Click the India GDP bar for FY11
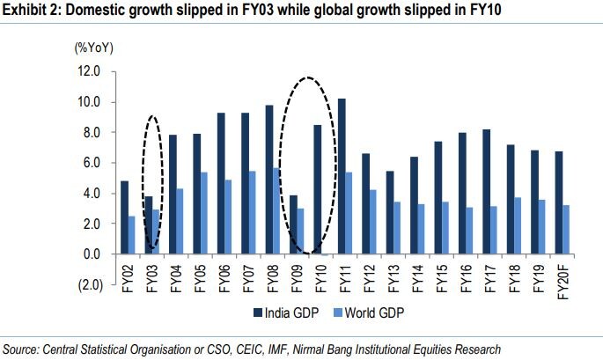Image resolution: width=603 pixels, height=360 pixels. click(342, 176)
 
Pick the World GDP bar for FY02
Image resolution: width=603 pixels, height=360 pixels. click(130, 235)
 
